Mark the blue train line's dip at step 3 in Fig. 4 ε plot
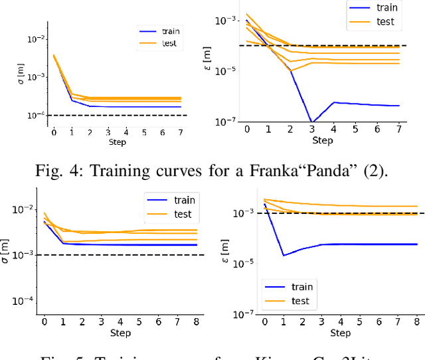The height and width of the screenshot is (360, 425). pyautogui.click(x=311, y=122)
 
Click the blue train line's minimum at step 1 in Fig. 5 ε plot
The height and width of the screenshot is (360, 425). pyautogui.click(x=284, y=255)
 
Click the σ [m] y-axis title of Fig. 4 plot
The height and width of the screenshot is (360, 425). pyautogui.click(x=21, y=72)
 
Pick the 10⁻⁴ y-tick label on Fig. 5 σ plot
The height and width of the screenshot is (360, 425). pyautogui.click(x=22, y=301)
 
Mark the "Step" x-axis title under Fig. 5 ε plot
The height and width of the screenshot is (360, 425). pyautogui.click(x=341, y=333)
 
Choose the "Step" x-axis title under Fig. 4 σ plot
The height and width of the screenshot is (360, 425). pyautogui.click(x=117, y=141)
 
